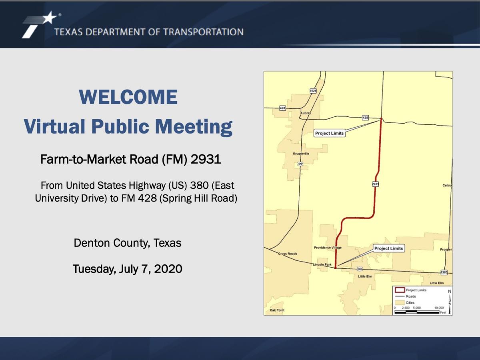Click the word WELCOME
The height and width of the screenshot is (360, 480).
128,97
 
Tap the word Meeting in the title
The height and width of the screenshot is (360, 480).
194,127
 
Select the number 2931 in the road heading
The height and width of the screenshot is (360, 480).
206,160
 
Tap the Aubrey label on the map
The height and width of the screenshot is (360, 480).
305,113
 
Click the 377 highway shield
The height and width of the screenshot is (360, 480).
300,164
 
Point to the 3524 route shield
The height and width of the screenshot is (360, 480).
313,91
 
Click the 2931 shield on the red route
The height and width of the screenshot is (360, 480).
375,184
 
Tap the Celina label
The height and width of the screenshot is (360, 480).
447,186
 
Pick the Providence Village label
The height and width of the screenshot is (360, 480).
328,248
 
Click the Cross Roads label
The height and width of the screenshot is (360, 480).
288,254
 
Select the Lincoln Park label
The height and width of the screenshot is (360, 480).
322,265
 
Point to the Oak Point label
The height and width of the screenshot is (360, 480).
277,310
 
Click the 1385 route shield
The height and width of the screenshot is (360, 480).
444,272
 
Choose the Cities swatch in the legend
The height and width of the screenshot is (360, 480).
399,302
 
